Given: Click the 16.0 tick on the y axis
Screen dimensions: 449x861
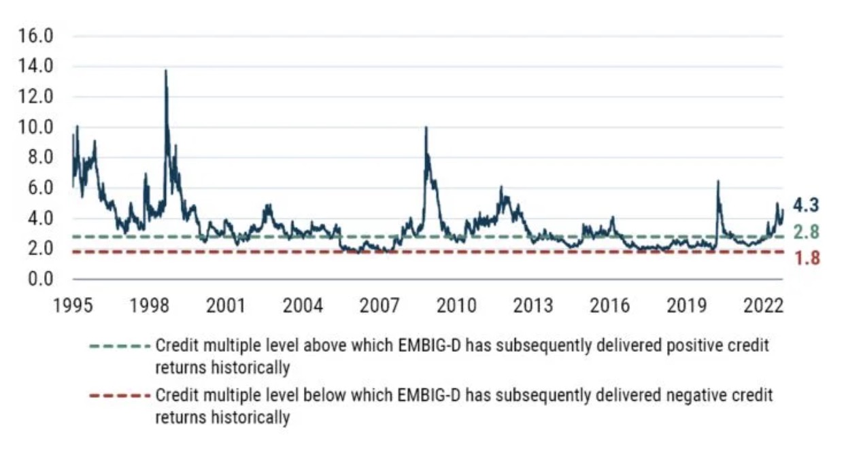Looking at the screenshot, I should pyautogui.click(x=39, y=36).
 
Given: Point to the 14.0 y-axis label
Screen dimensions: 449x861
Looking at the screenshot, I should pyautogui.click(x=39, y=67).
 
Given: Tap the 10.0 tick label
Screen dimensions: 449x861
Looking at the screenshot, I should pyautogui.click(x=39, y=127).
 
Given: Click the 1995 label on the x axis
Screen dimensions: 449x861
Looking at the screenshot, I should pyautogui.click(x=72, y=305).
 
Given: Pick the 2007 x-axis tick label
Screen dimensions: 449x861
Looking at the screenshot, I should pyautogui.click(x=379, y=305).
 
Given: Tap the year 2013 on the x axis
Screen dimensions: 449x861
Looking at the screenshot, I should pyautogui.click(x=533, y=305).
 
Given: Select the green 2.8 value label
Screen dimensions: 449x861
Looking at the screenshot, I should pyautogui.click(x=807, y=232).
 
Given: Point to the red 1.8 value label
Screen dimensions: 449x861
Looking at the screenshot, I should pyautogui.click(x=807, y=259).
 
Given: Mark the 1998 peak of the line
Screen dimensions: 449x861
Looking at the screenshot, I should pyautogui.click(x=165, y=71).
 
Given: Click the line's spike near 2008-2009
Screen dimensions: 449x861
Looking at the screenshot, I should pyautogui.click(x=426, y=128).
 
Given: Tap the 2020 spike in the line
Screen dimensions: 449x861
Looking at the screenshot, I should pyautogui.click(x=717, y=182).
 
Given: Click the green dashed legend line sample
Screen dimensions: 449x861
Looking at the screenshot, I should pyautogui.click(x=119, y=345).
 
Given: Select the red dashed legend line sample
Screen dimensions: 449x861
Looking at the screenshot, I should pyautogui.click(x=119, y=395).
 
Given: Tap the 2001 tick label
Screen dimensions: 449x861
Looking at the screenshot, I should pyautogui.click(x=226, y=305).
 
